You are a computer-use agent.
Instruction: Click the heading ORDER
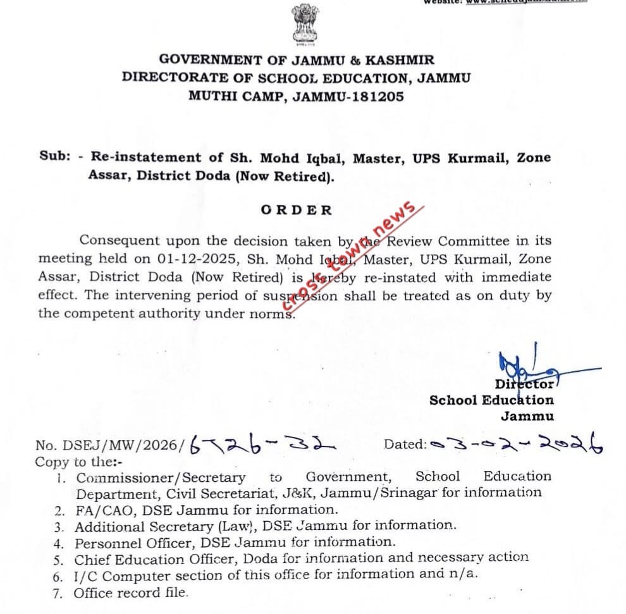(296, 210)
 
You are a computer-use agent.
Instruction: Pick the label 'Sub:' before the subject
(54, 157)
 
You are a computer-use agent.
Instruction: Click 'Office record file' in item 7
(131, 593)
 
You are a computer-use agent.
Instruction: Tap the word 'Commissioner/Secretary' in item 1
(161, 477)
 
